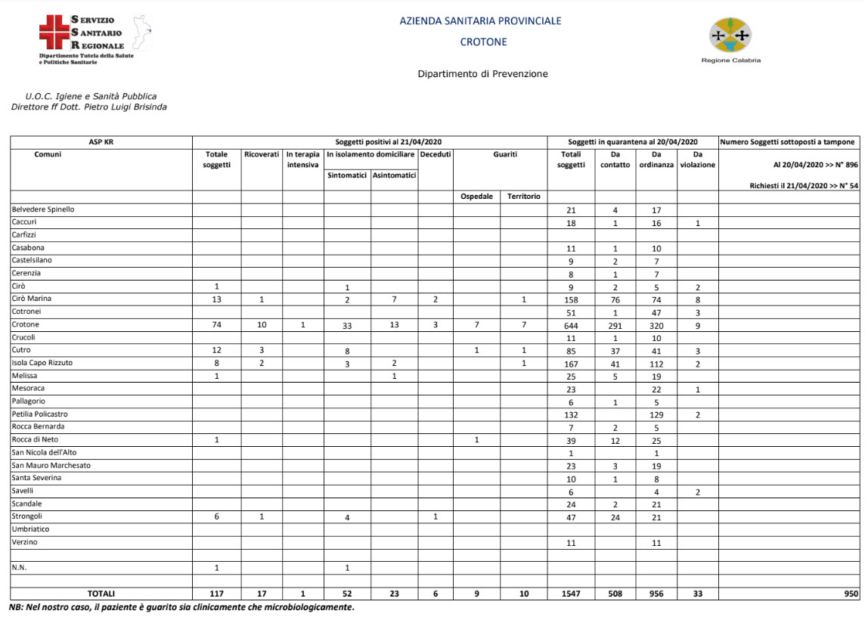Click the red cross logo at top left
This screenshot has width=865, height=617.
tap(53, 33)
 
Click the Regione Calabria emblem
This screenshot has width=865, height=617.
tap(730, 36)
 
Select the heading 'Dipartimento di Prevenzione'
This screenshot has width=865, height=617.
tap(482, 74)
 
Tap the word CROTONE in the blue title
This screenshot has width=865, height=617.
tap(483, 42)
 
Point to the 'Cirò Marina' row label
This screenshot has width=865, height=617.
tap(31, 299)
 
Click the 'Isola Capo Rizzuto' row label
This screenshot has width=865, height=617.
tap(42, 363)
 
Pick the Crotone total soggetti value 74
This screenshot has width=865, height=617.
tap(216, 325)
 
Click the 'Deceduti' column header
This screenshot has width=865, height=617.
tap(436, 154)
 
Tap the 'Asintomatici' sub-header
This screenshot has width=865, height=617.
tap(394, 175)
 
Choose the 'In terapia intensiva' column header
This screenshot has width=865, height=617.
tap(303, 160)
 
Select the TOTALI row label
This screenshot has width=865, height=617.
tap(101, 594)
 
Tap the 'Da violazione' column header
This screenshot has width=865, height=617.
tap(697, 160)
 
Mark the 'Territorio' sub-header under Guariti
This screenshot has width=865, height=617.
tap(524, 197)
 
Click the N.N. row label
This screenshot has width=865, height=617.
tap(20, 567)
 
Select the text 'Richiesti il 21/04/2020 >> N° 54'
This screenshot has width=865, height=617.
tap(804, 185)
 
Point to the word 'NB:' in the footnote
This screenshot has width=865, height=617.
tap(16, 607)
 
